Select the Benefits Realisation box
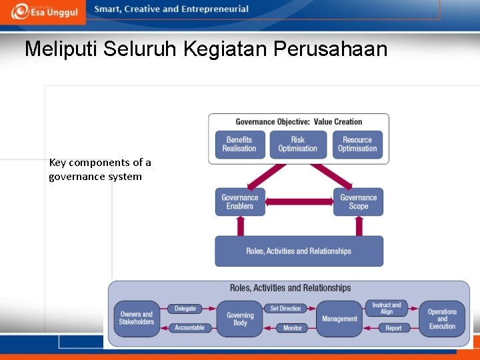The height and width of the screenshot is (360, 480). coord(239,144)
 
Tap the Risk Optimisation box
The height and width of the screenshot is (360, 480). coord(298,144)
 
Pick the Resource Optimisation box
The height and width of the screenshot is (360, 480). coord(357,144)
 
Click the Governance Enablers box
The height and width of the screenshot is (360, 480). coord(240,201)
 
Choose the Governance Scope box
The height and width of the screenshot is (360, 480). coord(359,201)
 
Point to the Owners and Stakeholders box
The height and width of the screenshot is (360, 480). coord(137,318)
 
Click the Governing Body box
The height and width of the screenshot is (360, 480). coord(240,319)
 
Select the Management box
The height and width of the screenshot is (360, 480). coord(339,319)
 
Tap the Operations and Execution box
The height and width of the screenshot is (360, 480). coord(442,319)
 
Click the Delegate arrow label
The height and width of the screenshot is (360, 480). coord(185,309)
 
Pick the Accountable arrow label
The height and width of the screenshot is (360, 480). coord(189,327)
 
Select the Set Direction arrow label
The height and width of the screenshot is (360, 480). coord(286,309)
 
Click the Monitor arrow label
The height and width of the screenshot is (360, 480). coord(292,328)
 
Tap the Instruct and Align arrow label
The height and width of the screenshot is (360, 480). coord(387,308)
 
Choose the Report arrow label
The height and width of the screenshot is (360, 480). coord(393,328)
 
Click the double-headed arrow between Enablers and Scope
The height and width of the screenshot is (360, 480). coord(299,201)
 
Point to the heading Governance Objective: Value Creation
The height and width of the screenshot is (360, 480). coord(299,122)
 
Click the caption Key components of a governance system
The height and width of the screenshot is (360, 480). coord(100,169)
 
